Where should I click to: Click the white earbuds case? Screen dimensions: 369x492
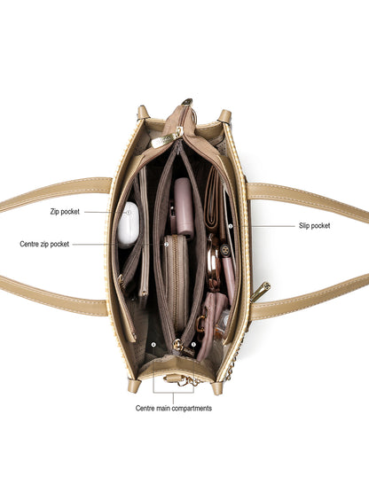point(128,224)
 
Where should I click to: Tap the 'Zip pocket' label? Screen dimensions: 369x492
point(65,212)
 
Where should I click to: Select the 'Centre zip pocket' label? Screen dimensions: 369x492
point(44,244)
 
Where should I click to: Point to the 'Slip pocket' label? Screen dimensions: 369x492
point(314,225)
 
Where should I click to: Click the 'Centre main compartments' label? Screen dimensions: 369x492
point(174,408)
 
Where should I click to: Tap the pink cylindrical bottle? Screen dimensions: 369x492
point(184,208)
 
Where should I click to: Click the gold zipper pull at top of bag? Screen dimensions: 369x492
point(168,138)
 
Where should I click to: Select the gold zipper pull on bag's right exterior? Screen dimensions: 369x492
point(261,291)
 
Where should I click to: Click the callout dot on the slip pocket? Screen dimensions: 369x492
point(231,226)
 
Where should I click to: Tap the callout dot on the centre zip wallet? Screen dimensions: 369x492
point(167,244)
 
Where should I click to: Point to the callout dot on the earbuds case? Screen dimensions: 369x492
point(129,213)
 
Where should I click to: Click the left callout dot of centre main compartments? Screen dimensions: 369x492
point(153,345)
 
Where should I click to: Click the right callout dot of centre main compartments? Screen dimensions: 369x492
point(193,345)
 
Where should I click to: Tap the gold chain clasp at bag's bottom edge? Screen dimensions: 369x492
point(181,380)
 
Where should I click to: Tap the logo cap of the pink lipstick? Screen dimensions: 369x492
point(224,250)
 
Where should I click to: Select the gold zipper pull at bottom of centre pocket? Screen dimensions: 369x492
point(178,345)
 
